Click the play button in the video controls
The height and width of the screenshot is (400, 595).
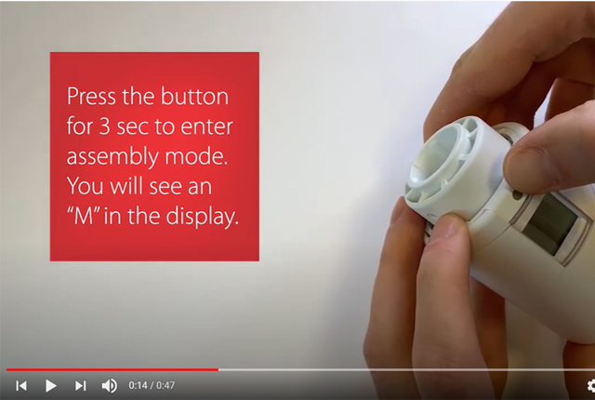(x=51, y=385)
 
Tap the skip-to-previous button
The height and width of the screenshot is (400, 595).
(x=21, y=385)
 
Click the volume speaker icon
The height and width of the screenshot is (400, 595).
(x=109, y=385)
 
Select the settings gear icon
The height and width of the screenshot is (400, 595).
(x=590, y=385)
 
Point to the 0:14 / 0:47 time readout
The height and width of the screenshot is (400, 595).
(x=152, y=385)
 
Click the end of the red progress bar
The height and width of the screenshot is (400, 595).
(x=218, y=369)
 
